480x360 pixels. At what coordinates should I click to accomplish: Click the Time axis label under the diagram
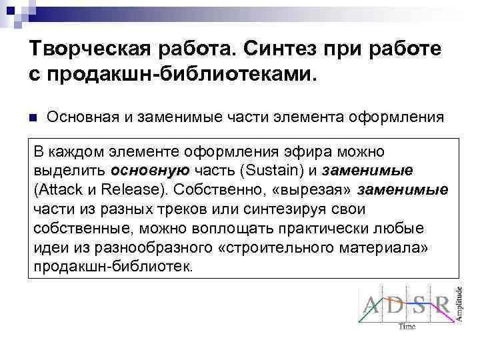click(407, 327)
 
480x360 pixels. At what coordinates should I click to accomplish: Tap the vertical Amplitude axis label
click(459, 303)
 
